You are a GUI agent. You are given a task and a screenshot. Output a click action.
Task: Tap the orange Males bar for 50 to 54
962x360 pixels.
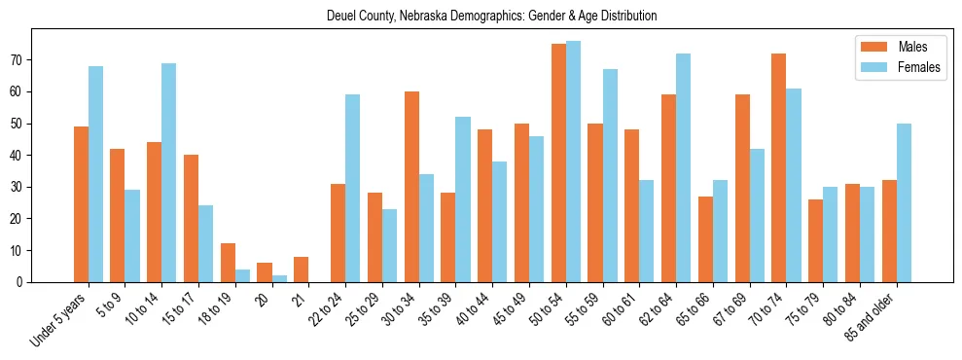click(558, 162)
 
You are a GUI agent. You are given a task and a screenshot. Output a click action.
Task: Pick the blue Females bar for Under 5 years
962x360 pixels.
click(95, 174)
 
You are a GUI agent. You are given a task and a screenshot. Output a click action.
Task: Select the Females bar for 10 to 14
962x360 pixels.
click(169, 172)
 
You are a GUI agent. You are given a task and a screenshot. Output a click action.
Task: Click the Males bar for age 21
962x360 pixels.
click(301, 270)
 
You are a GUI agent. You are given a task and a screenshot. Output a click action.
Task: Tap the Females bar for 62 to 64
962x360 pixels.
click(684, 167)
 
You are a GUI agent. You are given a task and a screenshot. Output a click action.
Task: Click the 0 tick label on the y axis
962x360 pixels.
click(21, 282)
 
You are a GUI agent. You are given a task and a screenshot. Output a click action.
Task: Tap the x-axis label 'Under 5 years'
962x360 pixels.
click(60, 316)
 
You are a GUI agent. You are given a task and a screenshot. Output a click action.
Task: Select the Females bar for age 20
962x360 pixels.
click(279, 278)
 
